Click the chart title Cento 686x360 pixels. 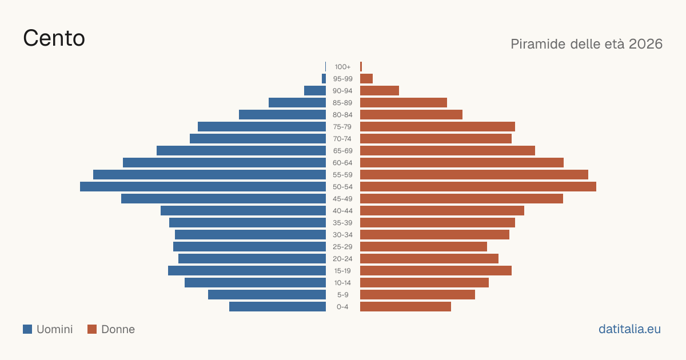click(54, 38)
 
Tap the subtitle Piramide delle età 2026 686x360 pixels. click(587, 44)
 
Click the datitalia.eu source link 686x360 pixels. click(629, 329)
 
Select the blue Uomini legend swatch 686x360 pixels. click(27, 329)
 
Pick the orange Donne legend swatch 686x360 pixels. click(92, 329)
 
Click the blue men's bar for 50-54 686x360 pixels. click(203, 187)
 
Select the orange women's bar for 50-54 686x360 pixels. click(478, 187)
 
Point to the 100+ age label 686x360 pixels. click(342, 67)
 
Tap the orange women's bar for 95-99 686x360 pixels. click(366, 79)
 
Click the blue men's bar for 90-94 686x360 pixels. click(315, 91)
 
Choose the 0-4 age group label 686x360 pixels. click(342, 307)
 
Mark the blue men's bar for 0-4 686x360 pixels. click(277, 307)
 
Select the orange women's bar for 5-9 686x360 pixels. click(417, 295)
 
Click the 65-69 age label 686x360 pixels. click(342, 151)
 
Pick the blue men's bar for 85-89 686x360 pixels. click(297, 102)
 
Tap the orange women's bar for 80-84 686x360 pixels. click(411, 115)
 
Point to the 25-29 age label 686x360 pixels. click(342, 247)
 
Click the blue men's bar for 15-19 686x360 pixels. click(247, 271)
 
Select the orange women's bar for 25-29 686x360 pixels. click(424, 247)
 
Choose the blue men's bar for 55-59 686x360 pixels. click(209, 175)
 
